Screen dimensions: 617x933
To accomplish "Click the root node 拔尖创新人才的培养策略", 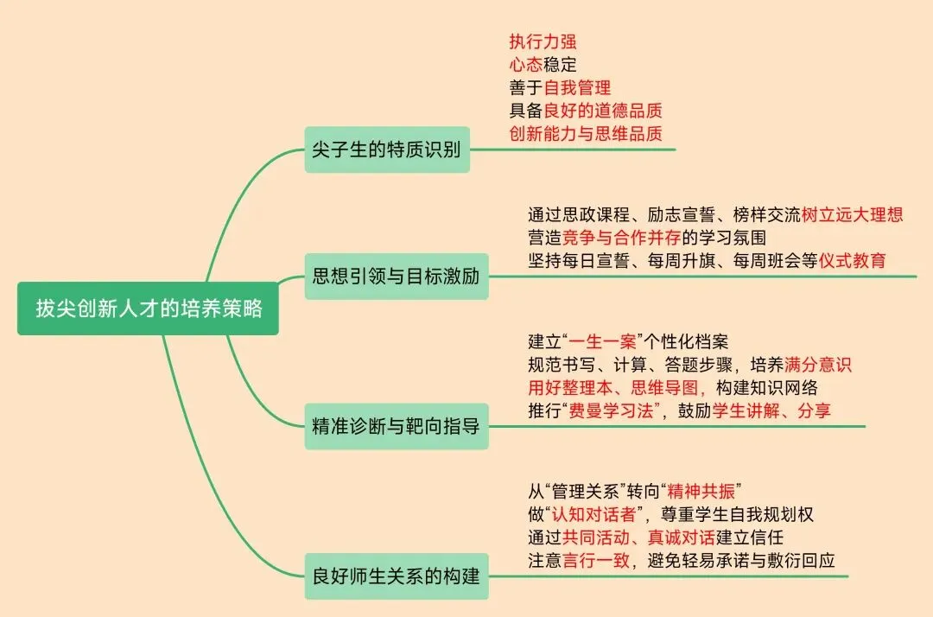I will pos(148,308).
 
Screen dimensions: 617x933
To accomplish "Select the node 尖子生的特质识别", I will pos(387,149).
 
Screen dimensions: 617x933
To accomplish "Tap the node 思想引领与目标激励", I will pos(396,277).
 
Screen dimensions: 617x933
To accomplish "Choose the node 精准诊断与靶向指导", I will pos(396,425).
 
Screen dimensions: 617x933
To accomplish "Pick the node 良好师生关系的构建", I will pos(396,576).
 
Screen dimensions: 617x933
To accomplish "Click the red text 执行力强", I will pos(543,41).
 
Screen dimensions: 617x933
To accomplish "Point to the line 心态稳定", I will pos(543,64).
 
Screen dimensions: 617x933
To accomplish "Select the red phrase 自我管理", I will pos(577,87).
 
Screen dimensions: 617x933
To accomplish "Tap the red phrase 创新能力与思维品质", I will pos(586,133).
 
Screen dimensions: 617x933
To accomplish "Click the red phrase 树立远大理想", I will pos(852,214).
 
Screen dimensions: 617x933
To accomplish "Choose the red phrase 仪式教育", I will pos(852,260).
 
